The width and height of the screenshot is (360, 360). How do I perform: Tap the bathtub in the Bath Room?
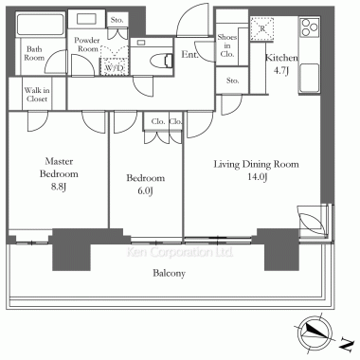point(41,25)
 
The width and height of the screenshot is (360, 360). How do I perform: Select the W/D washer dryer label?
point(115,67)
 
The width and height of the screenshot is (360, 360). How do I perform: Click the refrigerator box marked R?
point(261,28)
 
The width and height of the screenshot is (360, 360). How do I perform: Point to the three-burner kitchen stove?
point(309,27)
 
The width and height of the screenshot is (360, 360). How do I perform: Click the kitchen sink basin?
point(309,78)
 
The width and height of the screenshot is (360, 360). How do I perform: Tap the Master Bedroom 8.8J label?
point(59,174)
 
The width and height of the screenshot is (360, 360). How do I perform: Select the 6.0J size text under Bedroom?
point(146,191)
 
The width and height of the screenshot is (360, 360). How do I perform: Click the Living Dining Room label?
point(256,164)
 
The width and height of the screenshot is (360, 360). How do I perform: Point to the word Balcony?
point(169,273)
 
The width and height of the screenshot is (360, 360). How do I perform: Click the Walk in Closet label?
point(37,95)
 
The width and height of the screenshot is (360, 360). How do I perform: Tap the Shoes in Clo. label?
point(227,45)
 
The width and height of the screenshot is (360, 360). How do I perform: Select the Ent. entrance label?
point(189,55)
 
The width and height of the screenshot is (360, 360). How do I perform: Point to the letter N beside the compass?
point(347,344)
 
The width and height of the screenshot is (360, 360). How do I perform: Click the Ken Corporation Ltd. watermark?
point(180,252)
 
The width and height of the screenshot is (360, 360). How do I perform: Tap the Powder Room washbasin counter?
point(86,19)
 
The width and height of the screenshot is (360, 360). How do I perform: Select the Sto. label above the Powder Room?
point(117,20)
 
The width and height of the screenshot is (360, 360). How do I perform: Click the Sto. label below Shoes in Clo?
point(233,81)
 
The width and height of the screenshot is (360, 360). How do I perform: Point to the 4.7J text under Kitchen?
point(281,71)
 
